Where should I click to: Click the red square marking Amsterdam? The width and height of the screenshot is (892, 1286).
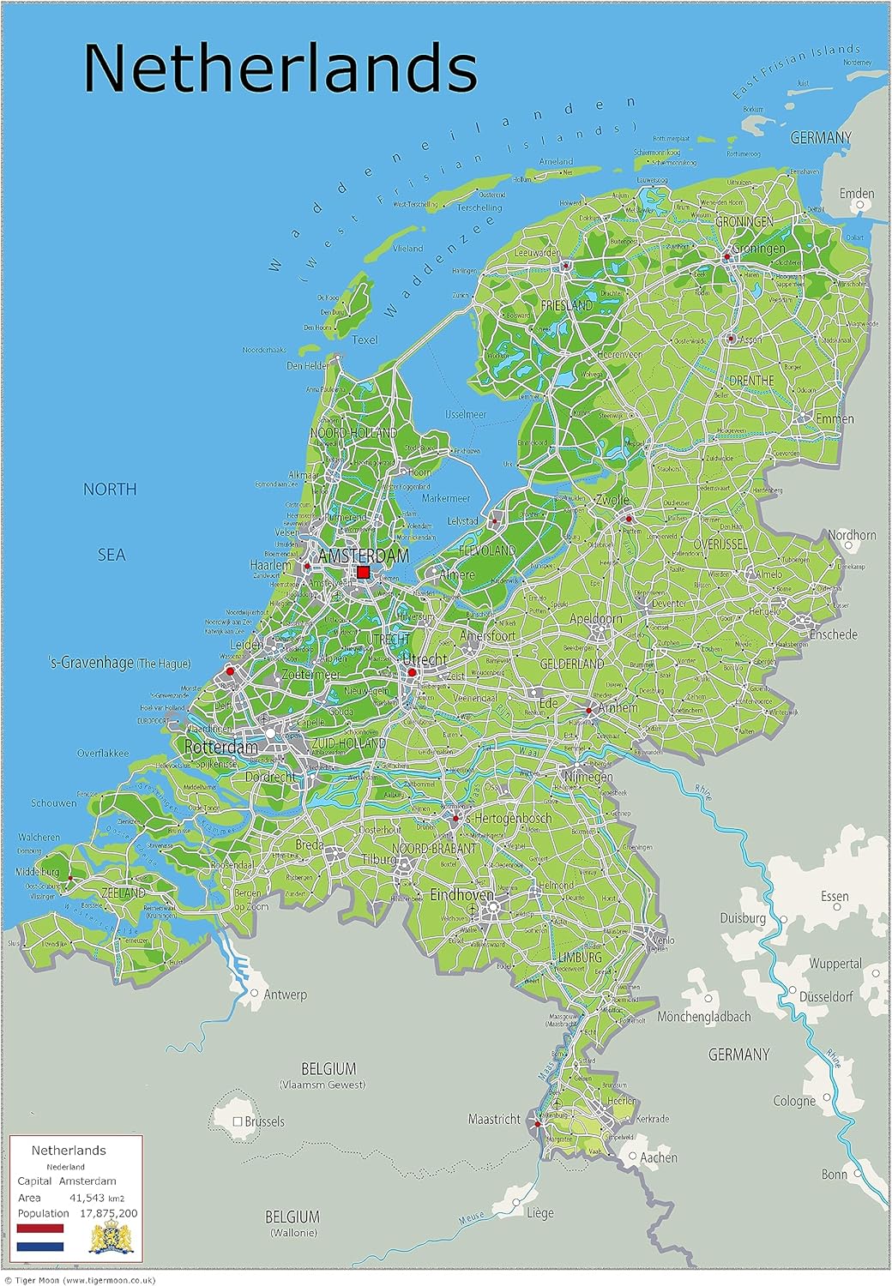click(363, 572)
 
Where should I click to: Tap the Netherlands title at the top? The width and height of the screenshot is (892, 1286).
click(280, 68)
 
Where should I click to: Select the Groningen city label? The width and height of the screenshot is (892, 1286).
click(758, 249)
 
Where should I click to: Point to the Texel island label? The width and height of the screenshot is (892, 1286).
click(365, 340)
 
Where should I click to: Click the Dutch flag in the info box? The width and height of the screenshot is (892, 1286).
click(40, 1237)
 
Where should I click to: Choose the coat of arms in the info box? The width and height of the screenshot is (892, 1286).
click(112, 1238)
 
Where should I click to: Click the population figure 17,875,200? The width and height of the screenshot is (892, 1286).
click(108, 1213)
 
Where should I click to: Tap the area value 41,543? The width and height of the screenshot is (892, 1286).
click(87, 1198)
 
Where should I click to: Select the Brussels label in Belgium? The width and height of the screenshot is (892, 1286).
click(264, 1121)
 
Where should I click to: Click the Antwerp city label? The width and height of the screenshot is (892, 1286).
click(285, 995)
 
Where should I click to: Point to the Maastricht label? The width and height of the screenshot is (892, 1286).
click(494, 1119)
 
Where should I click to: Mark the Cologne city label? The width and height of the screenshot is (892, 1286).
click(794, 1101)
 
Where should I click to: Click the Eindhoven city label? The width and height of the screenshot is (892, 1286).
click(461, 894)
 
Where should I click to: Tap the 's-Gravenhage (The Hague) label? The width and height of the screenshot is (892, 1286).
click(119, 663)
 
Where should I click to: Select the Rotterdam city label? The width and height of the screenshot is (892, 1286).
click(221, 747)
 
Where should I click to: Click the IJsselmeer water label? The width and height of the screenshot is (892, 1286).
click(466, 414)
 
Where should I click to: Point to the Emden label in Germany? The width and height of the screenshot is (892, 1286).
click(856, 194)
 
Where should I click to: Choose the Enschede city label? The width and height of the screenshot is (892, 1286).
click(833, 634)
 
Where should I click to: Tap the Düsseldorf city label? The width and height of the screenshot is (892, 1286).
click(825, 997)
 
